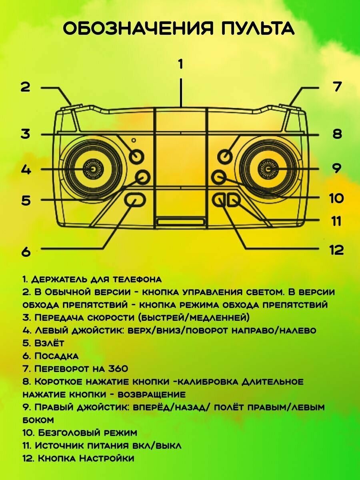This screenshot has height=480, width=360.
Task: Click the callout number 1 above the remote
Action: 180,64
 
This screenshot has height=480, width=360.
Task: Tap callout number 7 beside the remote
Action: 337,86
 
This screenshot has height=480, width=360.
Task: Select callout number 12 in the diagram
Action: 336,250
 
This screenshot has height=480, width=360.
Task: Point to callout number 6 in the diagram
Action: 26,252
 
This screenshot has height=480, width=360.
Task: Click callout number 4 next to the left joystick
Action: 26,170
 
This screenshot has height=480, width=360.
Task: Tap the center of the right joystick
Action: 268,169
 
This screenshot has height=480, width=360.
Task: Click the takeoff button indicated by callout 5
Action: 142,176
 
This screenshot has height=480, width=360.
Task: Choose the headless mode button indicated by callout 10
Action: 219,176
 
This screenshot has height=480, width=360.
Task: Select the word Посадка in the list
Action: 56,356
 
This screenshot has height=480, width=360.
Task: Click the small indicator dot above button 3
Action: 134,141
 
